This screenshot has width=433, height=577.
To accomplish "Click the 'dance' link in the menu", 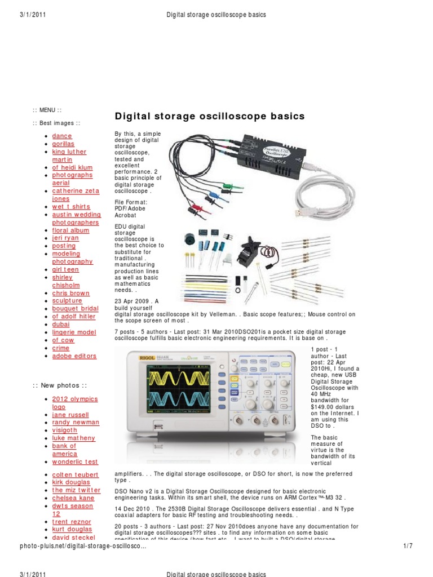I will [x=62, y=136].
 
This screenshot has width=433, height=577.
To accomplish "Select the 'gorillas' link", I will [x=63, y=144].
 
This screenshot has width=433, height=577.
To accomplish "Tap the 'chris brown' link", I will [x=70, y=293].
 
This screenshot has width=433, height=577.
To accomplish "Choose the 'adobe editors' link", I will [x=74, y=356].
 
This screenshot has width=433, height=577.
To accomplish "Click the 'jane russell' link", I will [x=70, y=414].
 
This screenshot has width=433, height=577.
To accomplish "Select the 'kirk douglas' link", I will [x=71, y=482].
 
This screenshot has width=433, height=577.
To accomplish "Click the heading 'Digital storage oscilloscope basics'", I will [x=209, y=117].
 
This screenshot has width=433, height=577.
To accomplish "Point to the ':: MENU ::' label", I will [x=47, y=110].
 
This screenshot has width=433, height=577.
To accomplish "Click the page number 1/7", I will [x=409, y=546].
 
